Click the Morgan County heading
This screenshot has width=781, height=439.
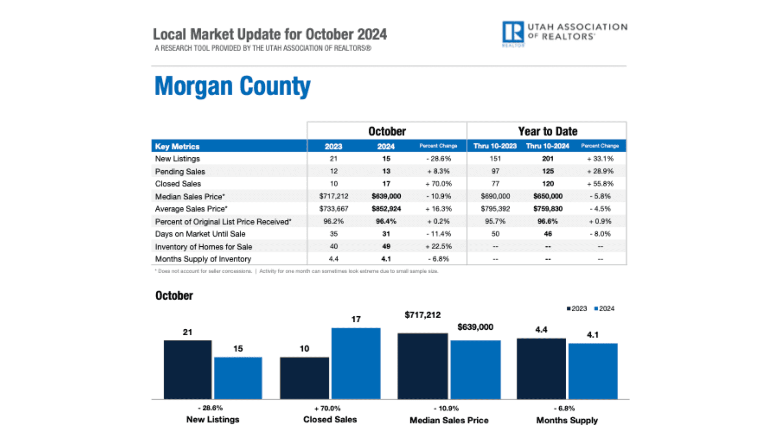coord(232,86)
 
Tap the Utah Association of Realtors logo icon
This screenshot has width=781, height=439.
coord(513,32)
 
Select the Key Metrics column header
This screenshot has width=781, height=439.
coord(177,146)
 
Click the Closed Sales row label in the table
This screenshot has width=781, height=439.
coord(178,184)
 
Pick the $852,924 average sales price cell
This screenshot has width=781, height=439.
coord(386,209)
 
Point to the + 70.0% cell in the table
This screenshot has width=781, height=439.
coord(438,184)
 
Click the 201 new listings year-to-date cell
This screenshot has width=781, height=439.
coord(548,159)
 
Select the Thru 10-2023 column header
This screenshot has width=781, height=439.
coord(495,146)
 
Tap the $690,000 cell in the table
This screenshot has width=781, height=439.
coord(495,196)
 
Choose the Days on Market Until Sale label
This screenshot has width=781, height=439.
coord(200,234)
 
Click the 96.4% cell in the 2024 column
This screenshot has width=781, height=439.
coord(386,222)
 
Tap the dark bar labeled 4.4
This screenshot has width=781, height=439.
coord(541,368)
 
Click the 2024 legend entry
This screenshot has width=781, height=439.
coord(604,309)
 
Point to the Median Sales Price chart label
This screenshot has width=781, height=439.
coord(449,420)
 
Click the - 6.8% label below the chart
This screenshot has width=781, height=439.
coord(564,408)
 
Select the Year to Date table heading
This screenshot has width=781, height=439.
coord(548,131)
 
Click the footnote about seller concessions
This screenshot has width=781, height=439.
coord(203,271)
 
